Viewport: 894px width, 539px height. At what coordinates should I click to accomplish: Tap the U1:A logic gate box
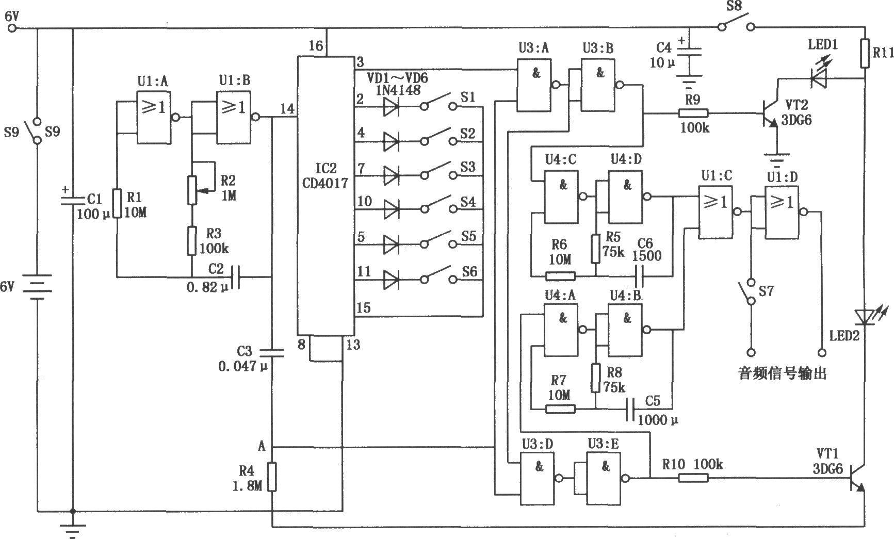[x=154, y=117]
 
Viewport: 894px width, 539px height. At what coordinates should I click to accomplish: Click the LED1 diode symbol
[x=819, y=78]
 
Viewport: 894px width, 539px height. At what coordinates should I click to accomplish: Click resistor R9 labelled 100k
[x=693, y=113]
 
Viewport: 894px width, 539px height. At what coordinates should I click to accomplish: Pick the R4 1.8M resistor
[x=272, y=477]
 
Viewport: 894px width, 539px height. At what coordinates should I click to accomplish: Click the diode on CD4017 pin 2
[x=391, y=106]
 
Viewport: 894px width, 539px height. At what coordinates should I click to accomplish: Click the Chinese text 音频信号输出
[x=783, y=372]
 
